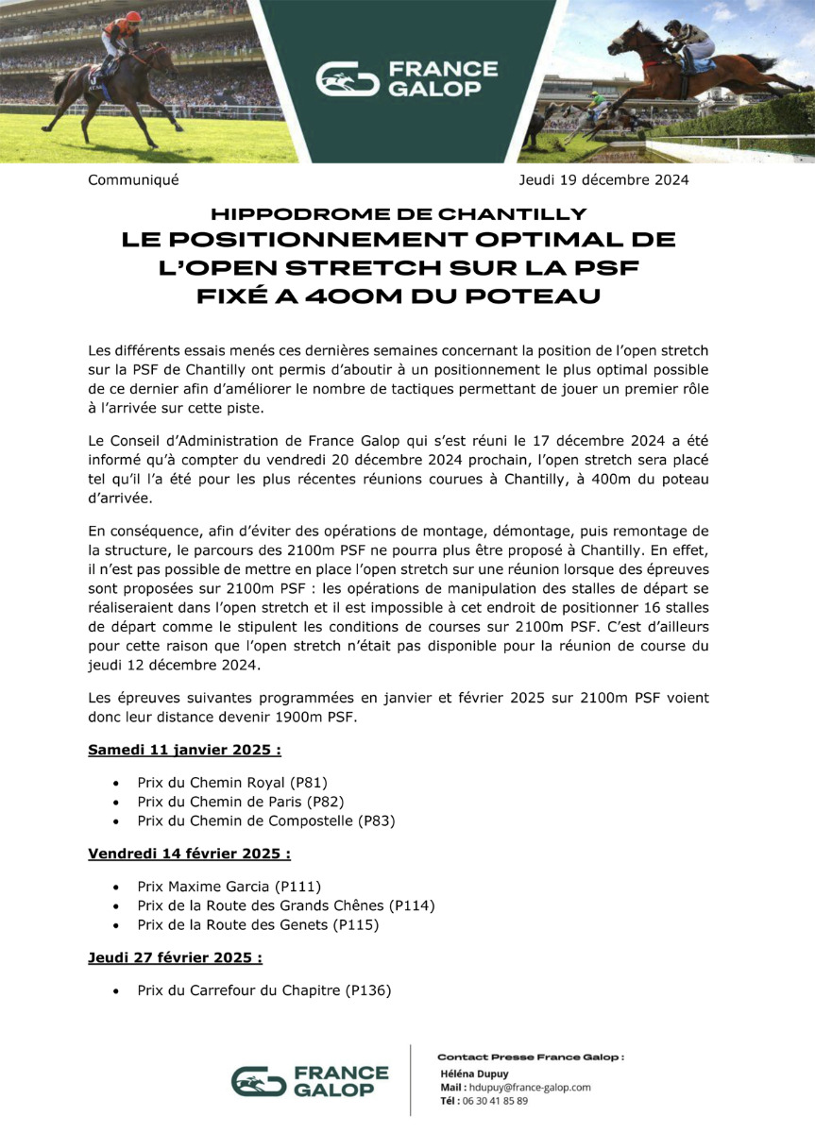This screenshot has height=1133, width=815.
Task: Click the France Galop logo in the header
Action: click(x=406, y=79)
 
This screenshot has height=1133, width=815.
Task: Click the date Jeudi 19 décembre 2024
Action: click(x=603, y=179)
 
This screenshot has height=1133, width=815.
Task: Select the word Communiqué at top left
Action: click(x=133, y=179)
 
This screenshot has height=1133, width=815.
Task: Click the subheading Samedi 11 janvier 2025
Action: click(x=184, y=751)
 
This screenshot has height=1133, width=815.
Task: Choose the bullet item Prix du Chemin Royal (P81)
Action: click(x=232, y=782)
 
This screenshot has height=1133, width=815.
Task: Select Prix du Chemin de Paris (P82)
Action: click(x=240, y=801)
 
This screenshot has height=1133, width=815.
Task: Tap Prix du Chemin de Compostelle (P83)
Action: click(x=265, y=820)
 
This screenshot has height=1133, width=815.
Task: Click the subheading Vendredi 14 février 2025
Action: click(x=189, y=853)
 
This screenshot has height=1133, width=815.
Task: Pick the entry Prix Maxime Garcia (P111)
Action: click(x=229, y=886)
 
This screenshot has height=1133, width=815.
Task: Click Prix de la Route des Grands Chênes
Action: click(x=286, y=905)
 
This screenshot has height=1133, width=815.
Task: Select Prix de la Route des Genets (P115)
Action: click(x=258, y=925)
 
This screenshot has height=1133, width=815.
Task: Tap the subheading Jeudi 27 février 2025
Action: click(x=175, y=957)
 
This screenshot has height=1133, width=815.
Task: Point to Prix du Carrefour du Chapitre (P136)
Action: click(x=263, y=990)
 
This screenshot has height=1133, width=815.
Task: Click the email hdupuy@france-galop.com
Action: click(x=529, y=1087)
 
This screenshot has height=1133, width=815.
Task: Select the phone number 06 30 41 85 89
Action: click(x=494, y=1100)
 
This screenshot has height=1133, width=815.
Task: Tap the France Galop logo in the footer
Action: click(x=311, y=1081)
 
